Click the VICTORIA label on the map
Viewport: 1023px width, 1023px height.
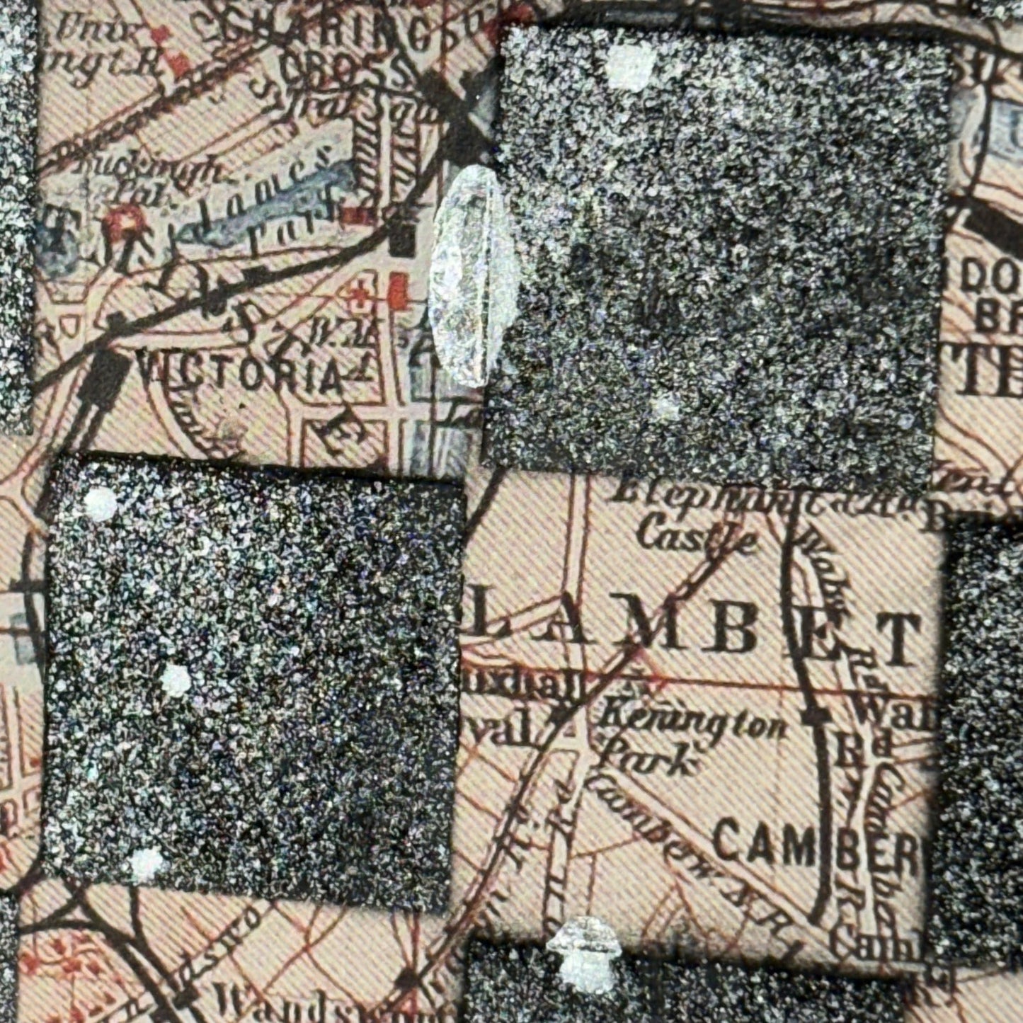[x=240, y=373]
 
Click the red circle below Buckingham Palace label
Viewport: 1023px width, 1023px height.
[x=125, y=222]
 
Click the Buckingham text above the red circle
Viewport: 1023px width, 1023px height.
[x=152, y=170]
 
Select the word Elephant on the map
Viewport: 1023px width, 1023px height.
[x=680, y=494]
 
